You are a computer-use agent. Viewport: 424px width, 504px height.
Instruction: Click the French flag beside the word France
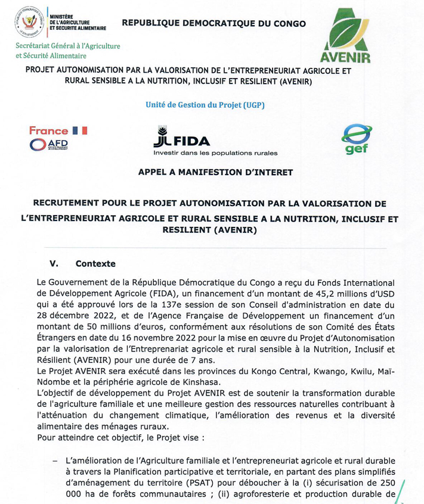point(79,130)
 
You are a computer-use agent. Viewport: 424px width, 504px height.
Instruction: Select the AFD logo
point(49,144)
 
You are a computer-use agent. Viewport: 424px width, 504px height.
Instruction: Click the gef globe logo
point(357,139)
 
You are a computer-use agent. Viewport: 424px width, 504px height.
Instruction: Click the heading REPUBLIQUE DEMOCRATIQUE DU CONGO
point(213,24)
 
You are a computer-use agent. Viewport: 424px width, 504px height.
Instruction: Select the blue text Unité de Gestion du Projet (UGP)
point(205,105)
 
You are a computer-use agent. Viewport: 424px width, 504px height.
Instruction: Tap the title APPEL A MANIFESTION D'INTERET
point(215,172)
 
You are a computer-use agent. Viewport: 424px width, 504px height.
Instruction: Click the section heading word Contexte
point(95,263)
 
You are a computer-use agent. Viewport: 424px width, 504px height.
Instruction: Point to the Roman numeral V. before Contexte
point(53,263)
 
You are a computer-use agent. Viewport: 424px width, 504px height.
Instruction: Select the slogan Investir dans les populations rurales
point(215,153)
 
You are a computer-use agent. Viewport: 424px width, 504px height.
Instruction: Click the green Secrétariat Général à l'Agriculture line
point(69,46)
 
